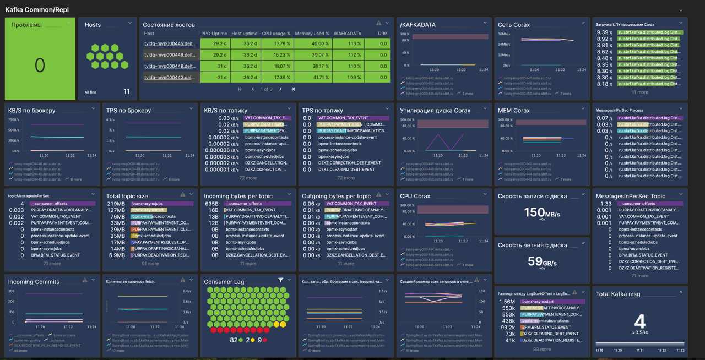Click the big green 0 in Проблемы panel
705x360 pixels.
click(40, 65)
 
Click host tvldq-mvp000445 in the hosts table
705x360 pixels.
click(170, 43)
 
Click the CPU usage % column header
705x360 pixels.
click(275, 34)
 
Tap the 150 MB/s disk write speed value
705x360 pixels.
click(542, 212)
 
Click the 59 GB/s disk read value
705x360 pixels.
click(542, 261)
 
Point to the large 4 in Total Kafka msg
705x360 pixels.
click(639, 321)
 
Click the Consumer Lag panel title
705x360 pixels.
click(224, 282)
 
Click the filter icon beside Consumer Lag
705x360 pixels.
click(281, 281)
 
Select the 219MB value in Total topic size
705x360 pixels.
click(116, 204)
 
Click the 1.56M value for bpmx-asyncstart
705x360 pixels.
click(507, 302)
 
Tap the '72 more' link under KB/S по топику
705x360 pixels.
click(248, 178)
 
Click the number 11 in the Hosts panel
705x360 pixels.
click(127, 92)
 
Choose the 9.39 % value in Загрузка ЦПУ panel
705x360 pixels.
click(605, 32)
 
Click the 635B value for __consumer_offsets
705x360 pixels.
click(211, 204)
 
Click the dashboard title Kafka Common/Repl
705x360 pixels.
click(37, 10)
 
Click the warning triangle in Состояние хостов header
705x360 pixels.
click(378, 24)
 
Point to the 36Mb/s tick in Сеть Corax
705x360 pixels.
click(504, 34)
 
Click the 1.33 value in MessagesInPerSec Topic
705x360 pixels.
click(605, 204)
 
